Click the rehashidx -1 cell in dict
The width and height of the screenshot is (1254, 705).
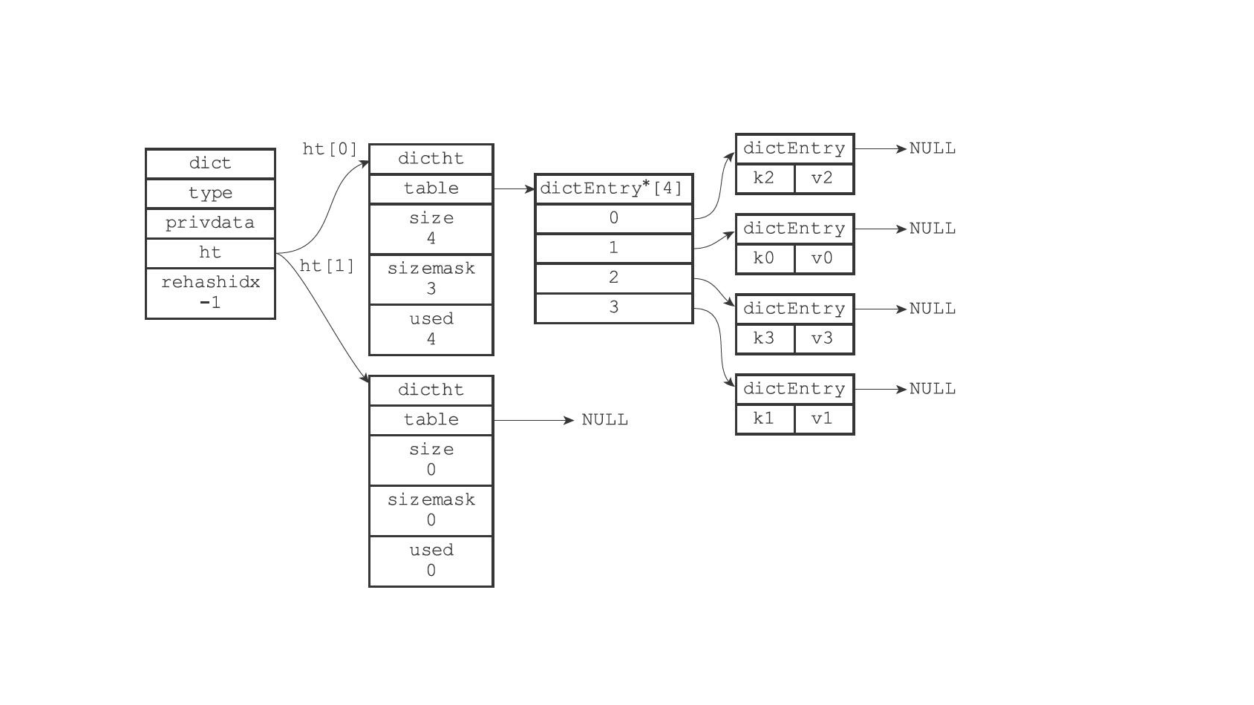(210, 292)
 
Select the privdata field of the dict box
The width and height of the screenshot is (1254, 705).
(210, 223)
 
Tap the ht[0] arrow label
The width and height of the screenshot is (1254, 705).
(330, 149)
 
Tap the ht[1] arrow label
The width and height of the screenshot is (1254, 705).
(327, 266)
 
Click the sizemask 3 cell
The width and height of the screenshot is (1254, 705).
(431, 278)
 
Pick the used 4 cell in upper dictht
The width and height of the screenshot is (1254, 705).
(431, 329)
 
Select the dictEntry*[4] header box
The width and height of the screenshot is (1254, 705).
(613, 188)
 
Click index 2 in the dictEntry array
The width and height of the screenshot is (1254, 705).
(613, 278)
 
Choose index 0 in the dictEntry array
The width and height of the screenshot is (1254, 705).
(613, 218)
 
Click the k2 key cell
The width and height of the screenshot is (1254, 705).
(764, 178)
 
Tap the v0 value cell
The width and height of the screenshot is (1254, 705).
(823, 258)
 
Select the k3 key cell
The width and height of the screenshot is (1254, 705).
(764, 338)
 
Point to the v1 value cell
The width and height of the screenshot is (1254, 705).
(823, 419)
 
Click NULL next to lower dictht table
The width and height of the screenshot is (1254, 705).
(604, 420)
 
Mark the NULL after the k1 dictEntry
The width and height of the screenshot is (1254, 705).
(933, 389)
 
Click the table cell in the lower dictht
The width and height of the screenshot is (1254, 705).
(431, 420)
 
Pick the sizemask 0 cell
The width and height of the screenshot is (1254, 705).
(431, 510)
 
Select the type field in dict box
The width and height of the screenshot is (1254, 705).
(210, 193)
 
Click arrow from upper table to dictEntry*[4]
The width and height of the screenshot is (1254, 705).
(514, 189)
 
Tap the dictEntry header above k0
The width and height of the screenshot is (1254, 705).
(794, 229)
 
